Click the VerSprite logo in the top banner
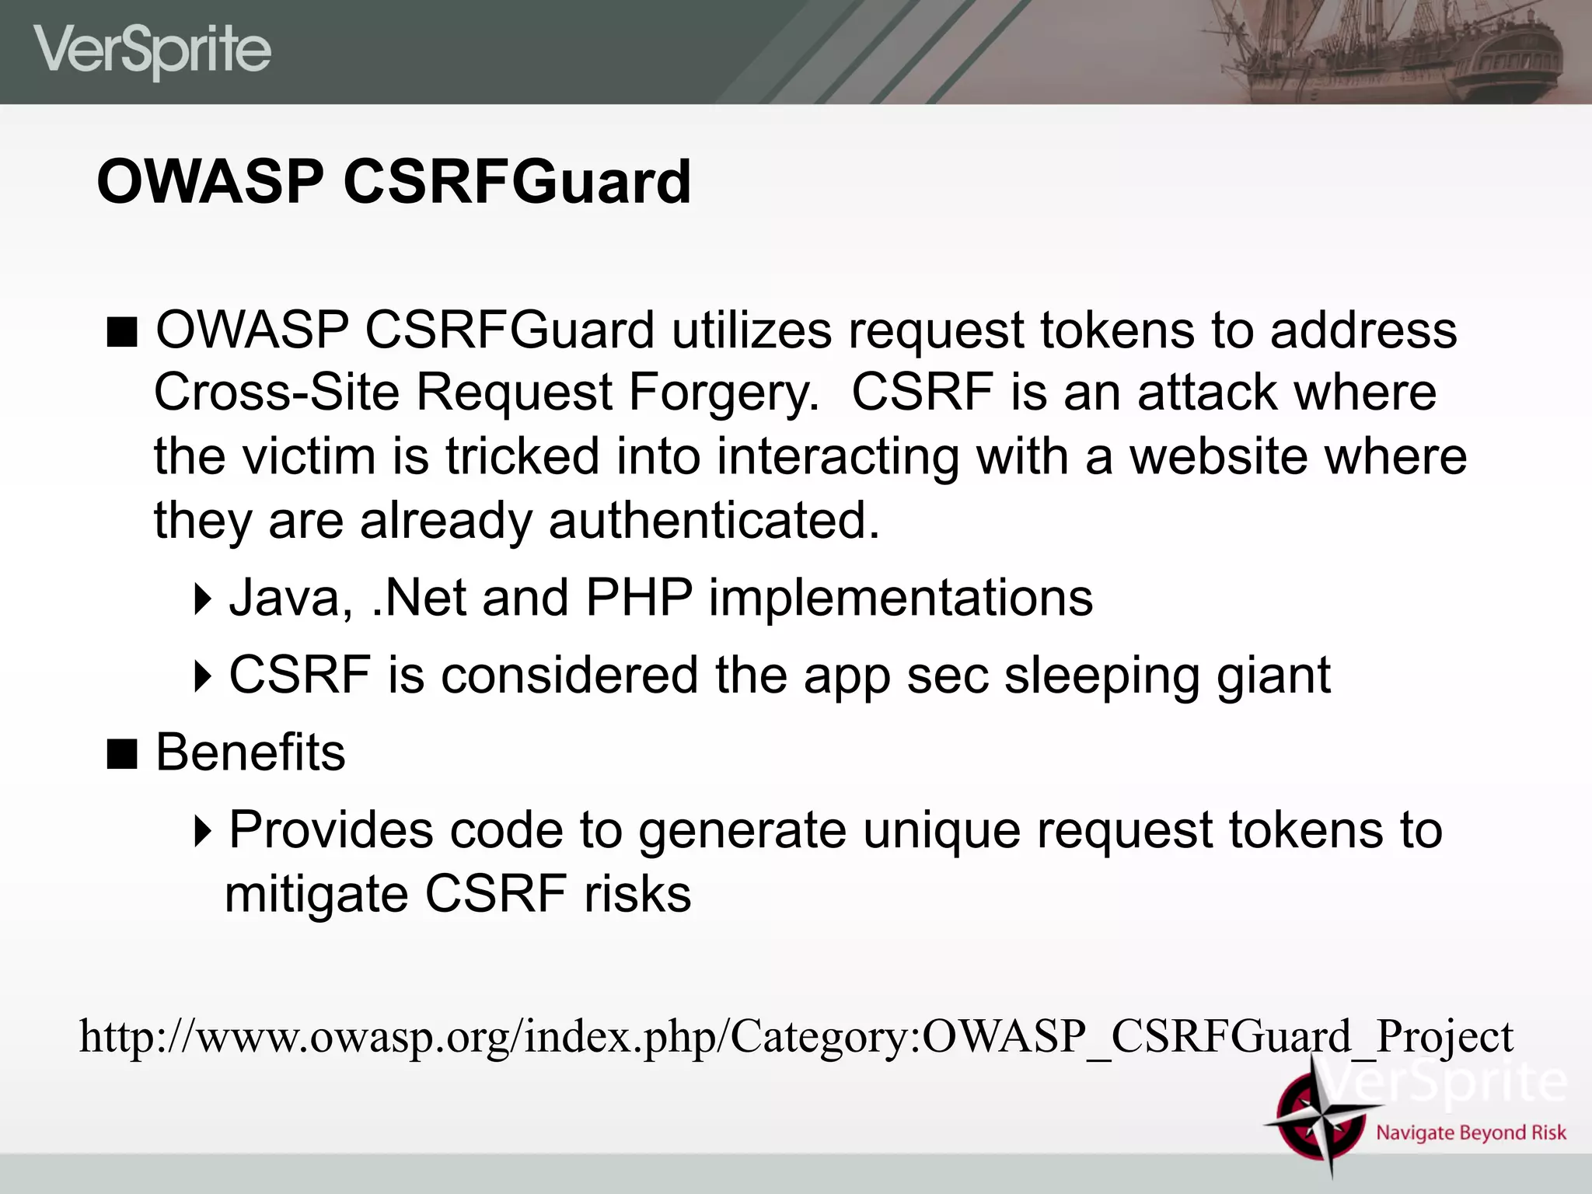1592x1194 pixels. [x=152, y=51]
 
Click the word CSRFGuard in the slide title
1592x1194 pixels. [x=517, y=182]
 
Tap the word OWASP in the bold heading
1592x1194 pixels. [x=210, y=182]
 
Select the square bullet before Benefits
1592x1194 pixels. [x=122, y=753]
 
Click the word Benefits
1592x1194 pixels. [x=250, y=752]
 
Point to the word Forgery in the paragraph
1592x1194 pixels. [x=723, y=392]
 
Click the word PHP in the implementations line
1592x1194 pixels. [x=638, y=598]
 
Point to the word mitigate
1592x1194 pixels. [x=316, y=894]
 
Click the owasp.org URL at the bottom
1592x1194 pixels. [x=796, y=1036]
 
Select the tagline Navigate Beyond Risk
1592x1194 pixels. [x=1471, y=1133]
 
